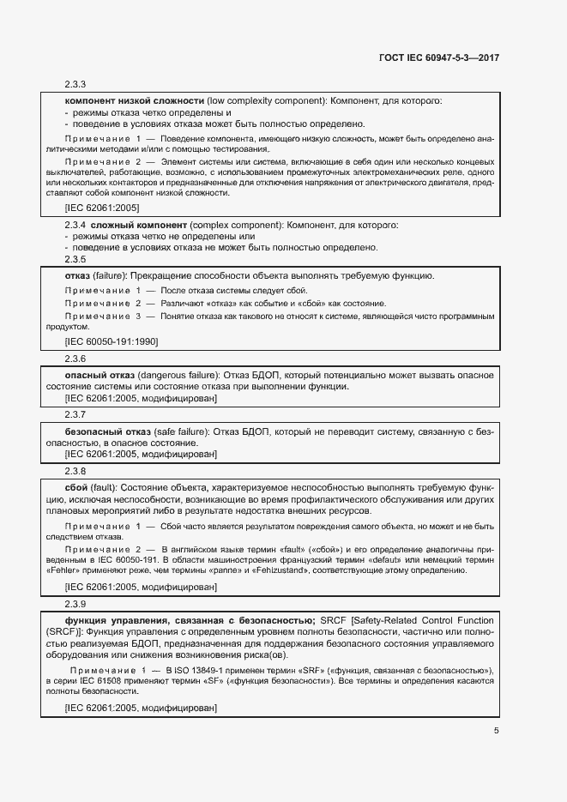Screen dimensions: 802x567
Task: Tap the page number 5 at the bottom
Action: (496, 731)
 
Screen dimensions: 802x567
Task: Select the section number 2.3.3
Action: (75, 84)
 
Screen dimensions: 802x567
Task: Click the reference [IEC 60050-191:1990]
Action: (111, 341)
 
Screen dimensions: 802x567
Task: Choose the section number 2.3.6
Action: (75, 359)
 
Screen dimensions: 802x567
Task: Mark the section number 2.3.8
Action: (75, 470)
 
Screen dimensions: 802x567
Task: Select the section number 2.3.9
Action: (75, 603)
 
